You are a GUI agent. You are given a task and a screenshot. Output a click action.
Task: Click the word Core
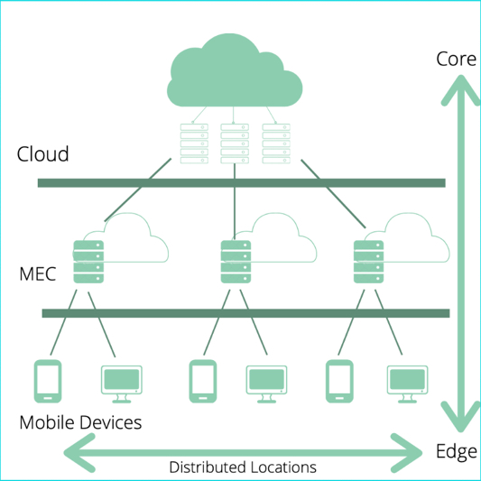456,59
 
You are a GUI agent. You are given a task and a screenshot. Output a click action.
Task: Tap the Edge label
457,452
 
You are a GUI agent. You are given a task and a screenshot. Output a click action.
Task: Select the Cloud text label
42,153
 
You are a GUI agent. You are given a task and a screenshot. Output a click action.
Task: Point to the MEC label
38,274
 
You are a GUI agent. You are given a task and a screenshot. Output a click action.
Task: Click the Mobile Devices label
80,422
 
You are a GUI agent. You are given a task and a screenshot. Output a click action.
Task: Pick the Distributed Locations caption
243,467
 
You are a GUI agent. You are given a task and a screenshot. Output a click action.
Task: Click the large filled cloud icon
235,70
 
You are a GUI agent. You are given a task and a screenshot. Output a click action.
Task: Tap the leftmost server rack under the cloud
194,143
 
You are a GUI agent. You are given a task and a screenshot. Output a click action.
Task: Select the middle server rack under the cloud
235,143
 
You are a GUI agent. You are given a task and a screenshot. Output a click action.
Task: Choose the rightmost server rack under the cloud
276,143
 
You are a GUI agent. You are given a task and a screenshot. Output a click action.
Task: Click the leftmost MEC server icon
88,262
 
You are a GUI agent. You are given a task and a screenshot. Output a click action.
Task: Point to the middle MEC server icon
236,262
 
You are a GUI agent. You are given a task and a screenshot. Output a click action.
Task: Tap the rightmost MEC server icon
369,262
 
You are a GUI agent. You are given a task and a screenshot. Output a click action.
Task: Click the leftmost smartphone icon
48,382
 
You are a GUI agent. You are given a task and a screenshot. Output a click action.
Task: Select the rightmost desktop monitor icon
407,384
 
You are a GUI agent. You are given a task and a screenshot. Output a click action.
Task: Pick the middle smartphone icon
203,382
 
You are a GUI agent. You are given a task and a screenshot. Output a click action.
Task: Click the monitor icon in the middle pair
266,384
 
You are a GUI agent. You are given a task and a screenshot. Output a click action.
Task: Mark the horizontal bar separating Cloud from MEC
242,183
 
